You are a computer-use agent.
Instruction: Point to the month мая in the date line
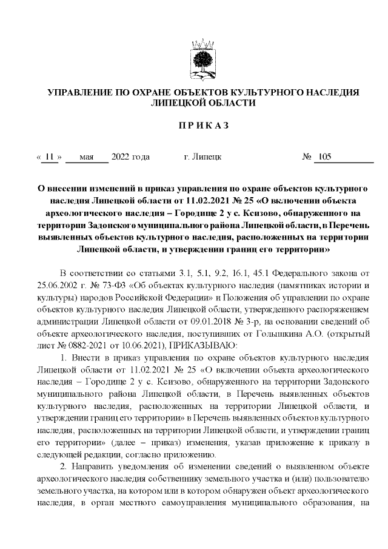click(x=86, y=157)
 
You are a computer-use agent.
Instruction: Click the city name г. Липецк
click(x=202, y=157)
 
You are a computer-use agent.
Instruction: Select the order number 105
click(x=324, y=157)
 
